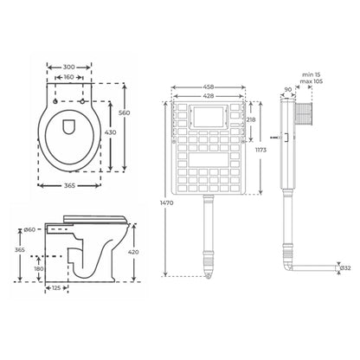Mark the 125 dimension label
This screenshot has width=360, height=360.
point(55,288)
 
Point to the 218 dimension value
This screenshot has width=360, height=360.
point(251,119)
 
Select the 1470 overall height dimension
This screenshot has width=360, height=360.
point(153,202)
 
